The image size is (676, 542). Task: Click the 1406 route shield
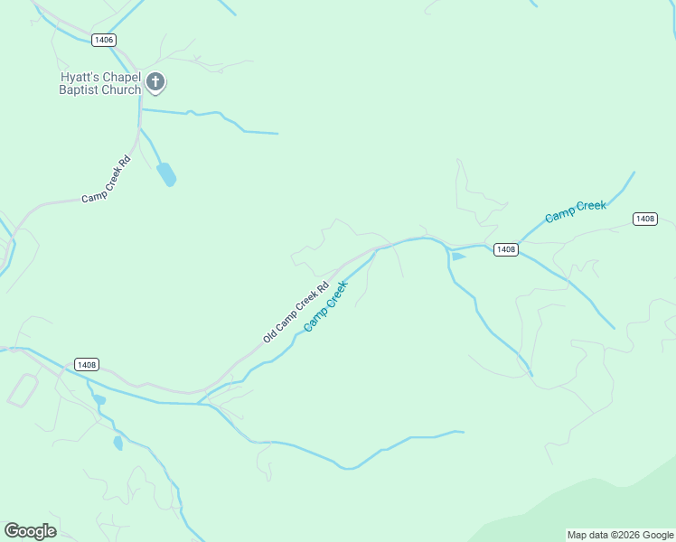pyautogui.click(x=104, y=40)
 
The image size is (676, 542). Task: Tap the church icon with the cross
pyautogui.click(x=155, y=83)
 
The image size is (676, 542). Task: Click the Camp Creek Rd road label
pyautogui.click(x=106, y=179)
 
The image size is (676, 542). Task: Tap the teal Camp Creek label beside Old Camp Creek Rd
pyautogui.click(x=325, y=306)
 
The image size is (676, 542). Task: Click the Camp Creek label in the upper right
pyautogui.click(x=575, y=212)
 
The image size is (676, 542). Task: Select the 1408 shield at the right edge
pyautogui.click(x=644, y=219)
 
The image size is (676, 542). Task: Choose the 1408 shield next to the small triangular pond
pyautogui.click(x=505, y=249)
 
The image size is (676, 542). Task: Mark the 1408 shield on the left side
pyautogui.click(x=87, y=365)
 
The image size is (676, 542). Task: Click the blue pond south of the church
pyautogui.click(x=166, y=173)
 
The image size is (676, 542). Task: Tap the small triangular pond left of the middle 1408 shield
pyautogui.click(x=457, y=257)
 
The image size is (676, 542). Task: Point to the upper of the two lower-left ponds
pyautogui.click(x=99, y=399)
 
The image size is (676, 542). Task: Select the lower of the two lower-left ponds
pyautogui.click(x=117, y=443)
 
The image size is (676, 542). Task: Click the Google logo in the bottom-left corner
pyautogui.click(x=30, y=531)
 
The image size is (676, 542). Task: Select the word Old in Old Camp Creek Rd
pyautogui.click(x=269, y=337)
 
